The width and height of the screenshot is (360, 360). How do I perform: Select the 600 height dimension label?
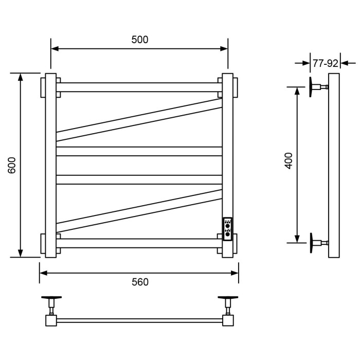[13, 165]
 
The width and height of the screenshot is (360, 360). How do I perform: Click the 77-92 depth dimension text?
[325, 63]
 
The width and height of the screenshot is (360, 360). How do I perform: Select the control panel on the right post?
[227, 229]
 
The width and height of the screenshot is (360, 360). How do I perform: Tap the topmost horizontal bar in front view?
[139, 87]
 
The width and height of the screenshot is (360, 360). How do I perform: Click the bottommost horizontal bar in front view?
[139, 243]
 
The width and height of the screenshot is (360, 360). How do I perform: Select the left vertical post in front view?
[50, 165]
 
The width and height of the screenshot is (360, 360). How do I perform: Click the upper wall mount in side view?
[316, 87]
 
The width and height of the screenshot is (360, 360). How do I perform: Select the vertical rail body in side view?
[334, 165]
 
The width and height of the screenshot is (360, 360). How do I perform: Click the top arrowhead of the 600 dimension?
[21, 77]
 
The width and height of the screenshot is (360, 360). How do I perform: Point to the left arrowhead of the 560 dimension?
[44, 273]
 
